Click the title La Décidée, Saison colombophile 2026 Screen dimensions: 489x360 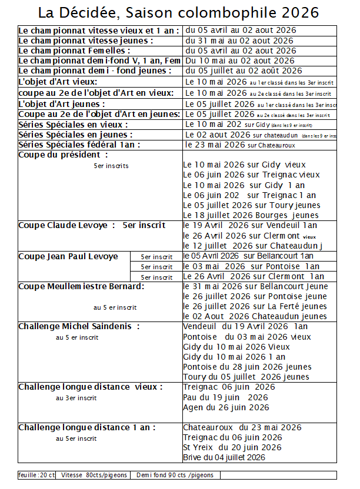(179, 13)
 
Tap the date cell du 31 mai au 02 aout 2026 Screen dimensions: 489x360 (239, 41)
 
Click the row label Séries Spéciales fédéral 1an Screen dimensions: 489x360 (80, 145)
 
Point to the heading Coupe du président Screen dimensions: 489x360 (63, 155)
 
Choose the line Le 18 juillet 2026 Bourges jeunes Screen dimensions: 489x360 (251, 215)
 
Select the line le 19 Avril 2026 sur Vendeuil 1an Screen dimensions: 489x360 (250, 225)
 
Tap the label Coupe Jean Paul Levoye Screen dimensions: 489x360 (68, 256)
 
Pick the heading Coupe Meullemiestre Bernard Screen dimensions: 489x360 (81, 286)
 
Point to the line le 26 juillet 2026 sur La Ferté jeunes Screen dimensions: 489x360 (255, 306)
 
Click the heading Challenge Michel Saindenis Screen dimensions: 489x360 (79, 326)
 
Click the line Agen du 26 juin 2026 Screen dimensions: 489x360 (226, 407)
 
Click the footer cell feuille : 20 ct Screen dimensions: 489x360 (37, 475)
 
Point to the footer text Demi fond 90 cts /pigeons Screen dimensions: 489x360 (175, 475)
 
